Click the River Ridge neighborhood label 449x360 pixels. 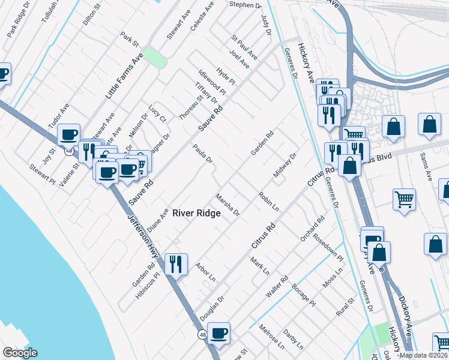coord(197,213)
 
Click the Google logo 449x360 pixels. coord(20,353)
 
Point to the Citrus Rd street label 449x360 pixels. coord(263,236)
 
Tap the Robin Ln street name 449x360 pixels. coord(269,201)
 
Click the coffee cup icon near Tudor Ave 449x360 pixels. coord(69,134)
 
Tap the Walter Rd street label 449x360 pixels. coord(277,286)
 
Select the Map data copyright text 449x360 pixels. coord(423,355)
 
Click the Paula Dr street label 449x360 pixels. coord(202,153)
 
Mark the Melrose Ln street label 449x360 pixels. coord(271,337)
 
